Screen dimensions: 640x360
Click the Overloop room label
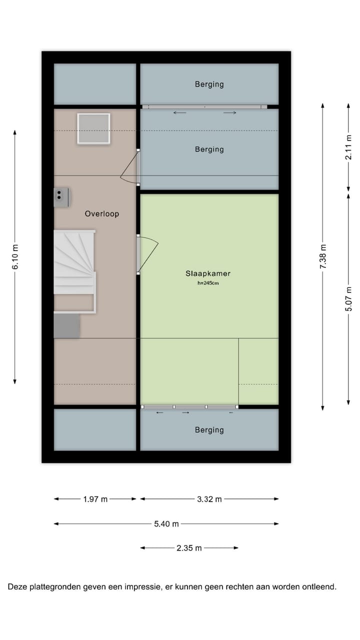coord(101,213)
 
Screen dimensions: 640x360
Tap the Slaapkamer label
coord(208,273)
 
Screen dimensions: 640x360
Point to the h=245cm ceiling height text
coord(208,283)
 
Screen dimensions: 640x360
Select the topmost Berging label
coord(209,84)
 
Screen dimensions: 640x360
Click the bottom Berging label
coord(209,430)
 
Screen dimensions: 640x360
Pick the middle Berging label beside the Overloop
coord(209,149)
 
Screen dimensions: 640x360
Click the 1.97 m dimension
coord(95,499)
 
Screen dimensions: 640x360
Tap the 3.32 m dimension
coord(209,499)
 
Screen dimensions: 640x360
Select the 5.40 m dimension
coord(166,524)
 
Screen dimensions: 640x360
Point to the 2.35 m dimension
coord(189,548)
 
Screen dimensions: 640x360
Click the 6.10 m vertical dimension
coord(15,257)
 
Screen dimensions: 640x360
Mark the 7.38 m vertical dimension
coord(323,256)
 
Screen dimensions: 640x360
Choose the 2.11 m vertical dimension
coord(348,148)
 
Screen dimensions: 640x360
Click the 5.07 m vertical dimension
coord(348,299)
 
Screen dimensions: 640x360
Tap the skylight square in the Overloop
coord(93,128)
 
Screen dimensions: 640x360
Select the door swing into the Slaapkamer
coord(148,254)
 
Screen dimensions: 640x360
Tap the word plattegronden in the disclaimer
coord(57,586)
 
